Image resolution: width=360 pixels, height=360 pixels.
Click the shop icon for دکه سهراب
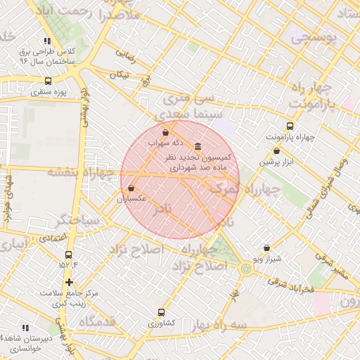click(165, 132)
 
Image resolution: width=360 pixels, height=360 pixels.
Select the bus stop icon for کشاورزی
click(162, 312)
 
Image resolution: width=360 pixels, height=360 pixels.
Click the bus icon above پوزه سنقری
click(48, 81)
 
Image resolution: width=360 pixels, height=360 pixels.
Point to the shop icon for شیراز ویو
click(266, 248)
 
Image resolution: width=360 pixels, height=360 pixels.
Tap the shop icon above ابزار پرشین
click(276, 150)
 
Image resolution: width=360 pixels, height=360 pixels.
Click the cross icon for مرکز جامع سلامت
click(68, 282)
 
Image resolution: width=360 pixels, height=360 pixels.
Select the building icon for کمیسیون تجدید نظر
click(196, 146)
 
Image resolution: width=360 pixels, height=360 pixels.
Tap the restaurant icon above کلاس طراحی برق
click(46, 41)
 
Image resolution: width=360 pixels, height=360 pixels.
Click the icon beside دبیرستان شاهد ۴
click(25, 328)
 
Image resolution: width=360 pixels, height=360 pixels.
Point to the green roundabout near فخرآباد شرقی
click(246, 268)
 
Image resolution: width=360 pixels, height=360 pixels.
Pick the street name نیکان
click(120, 74)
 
